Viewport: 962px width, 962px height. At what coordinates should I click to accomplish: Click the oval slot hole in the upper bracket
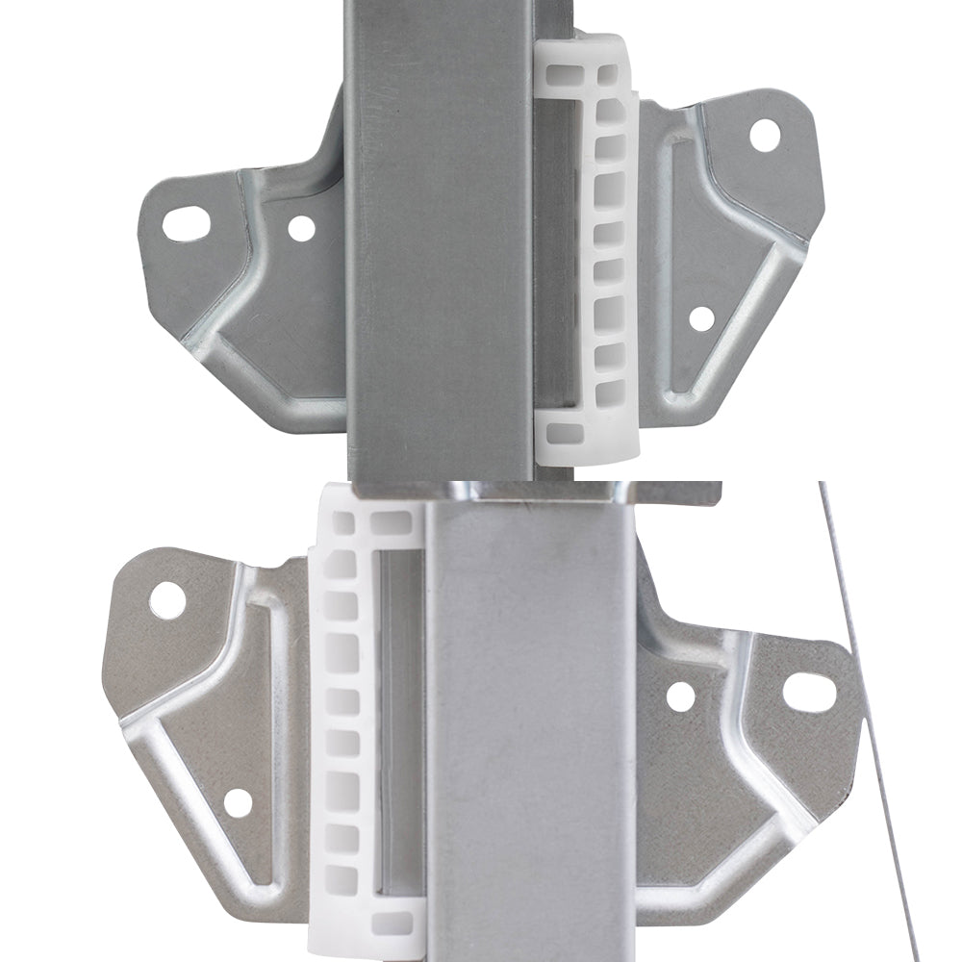[186, 223]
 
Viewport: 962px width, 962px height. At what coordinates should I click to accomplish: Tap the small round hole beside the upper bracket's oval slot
[301, 228]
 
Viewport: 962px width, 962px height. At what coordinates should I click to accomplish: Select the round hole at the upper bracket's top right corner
[765, 135]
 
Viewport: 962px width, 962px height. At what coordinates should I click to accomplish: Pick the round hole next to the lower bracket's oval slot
[680, 696]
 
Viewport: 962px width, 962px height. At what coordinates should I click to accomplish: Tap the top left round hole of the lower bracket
[167, 600]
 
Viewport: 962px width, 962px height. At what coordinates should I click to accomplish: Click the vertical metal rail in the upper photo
[438, 240]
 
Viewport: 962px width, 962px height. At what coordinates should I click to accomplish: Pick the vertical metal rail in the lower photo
[529, 731]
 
